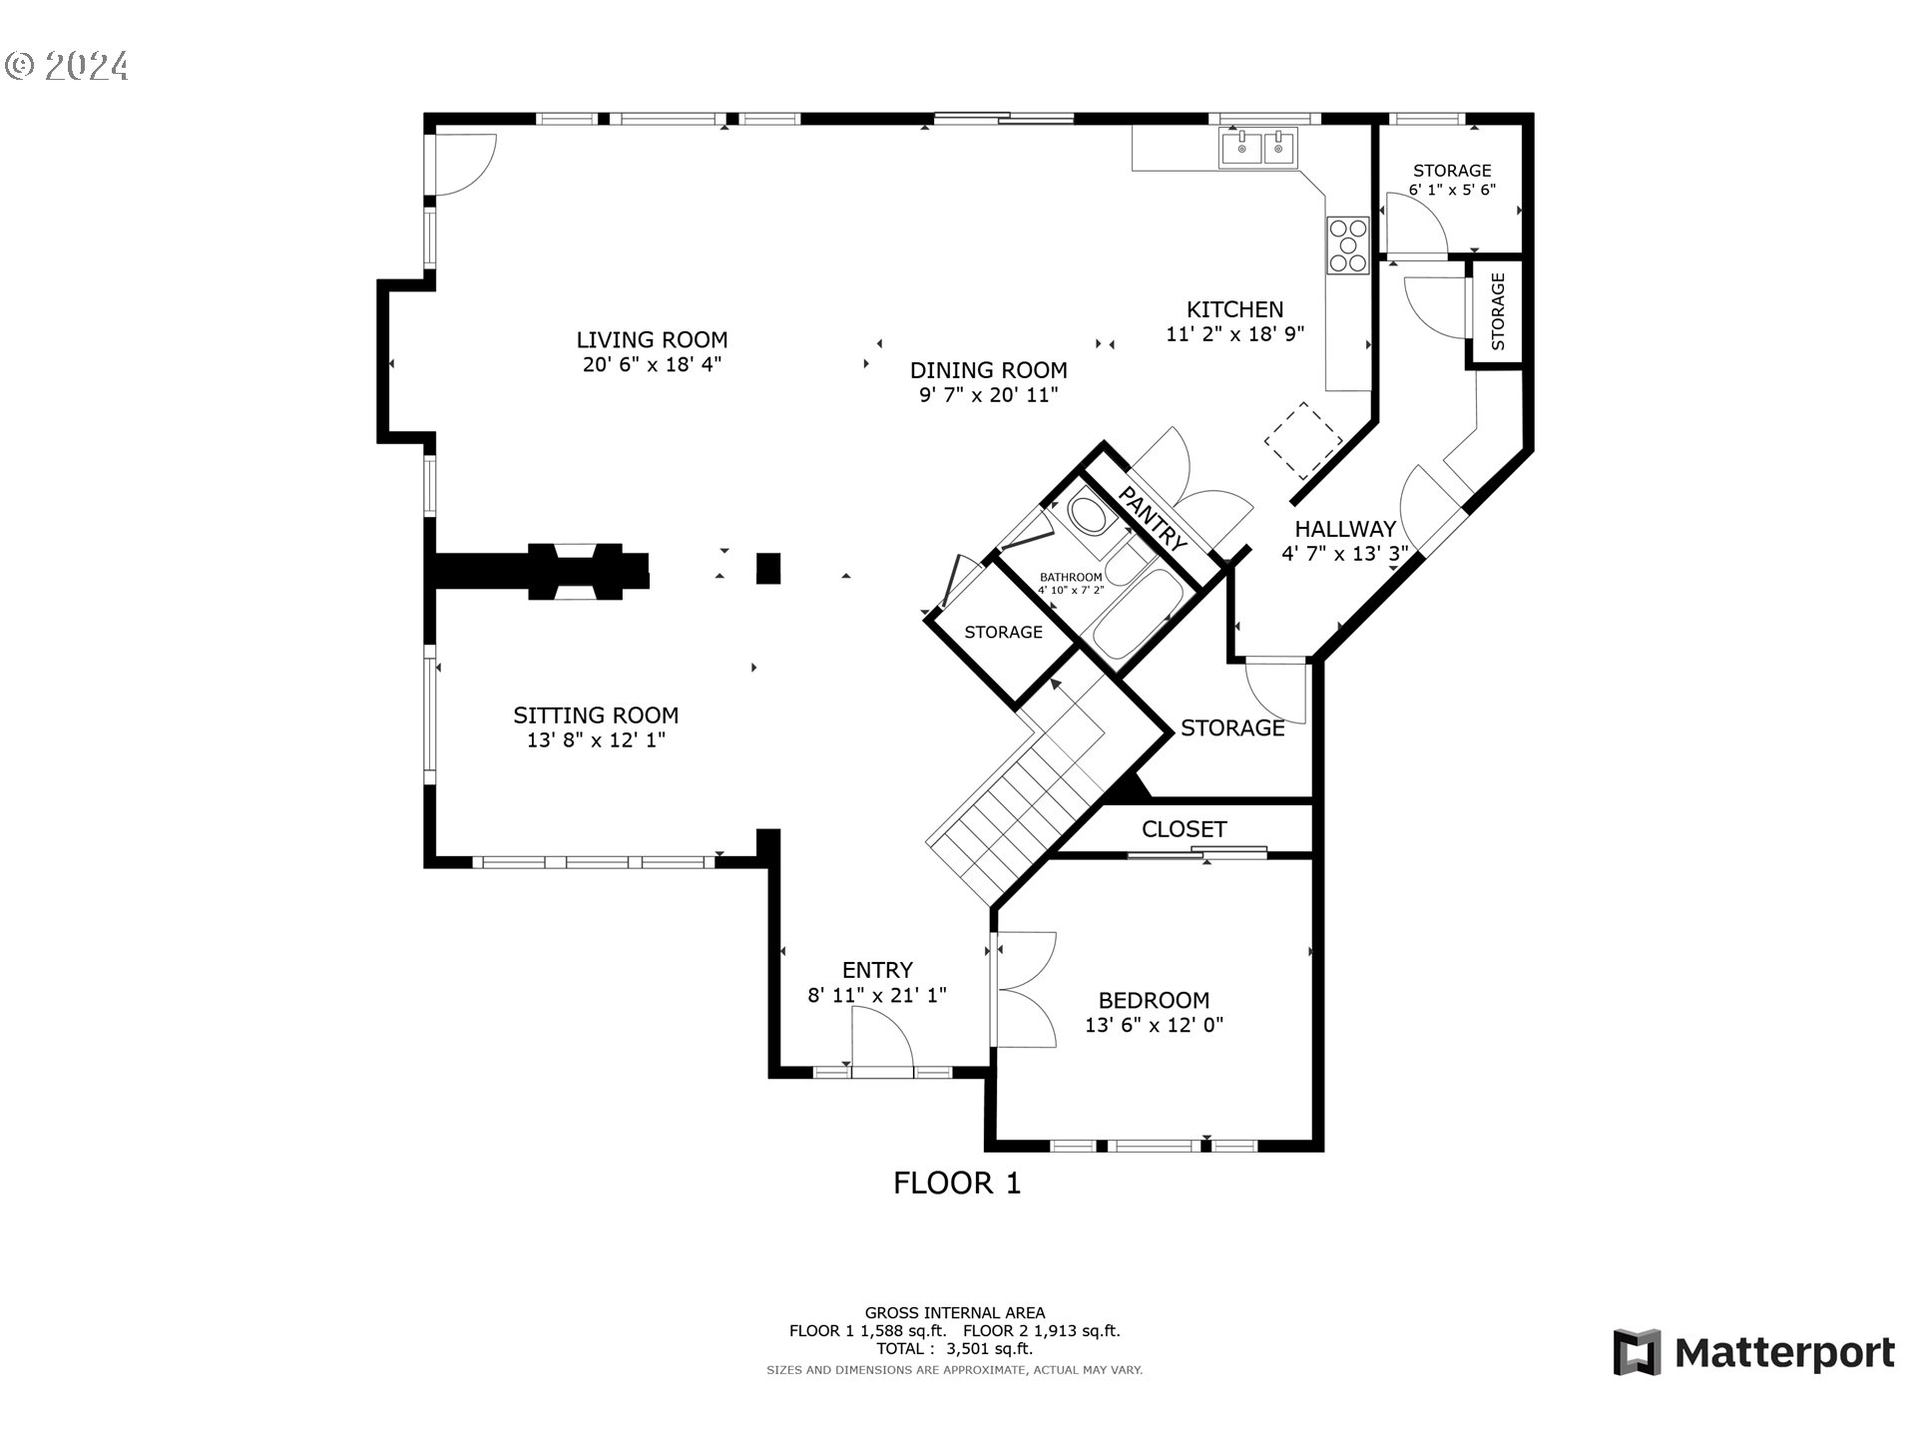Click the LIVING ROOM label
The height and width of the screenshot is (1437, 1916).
point(652,339)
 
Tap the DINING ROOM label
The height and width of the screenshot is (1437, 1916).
point(988,370)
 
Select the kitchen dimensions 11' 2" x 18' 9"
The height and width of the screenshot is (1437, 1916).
point(1235,334)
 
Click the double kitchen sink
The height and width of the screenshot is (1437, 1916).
point(1257,148)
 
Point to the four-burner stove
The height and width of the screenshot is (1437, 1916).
point(1347,245)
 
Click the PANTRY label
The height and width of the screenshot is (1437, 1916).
point(1153,519)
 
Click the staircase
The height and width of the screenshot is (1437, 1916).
point(1028,788)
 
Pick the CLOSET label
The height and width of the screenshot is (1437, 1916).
point(1184,829)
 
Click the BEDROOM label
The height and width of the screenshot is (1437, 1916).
point(1154,1000)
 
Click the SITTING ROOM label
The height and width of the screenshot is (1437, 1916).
point(596,716)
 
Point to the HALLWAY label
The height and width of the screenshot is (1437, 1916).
point(1345,529)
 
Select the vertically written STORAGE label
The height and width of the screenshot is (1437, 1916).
point(1498,311)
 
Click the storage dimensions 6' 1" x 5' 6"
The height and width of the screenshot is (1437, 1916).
point(1452,190)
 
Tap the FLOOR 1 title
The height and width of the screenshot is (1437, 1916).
point(957,1184)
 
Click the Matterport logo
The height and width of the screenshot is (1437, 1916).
point(1753,1353)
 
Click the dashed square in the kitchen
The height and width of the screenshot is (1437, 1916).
point(1303,440)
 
